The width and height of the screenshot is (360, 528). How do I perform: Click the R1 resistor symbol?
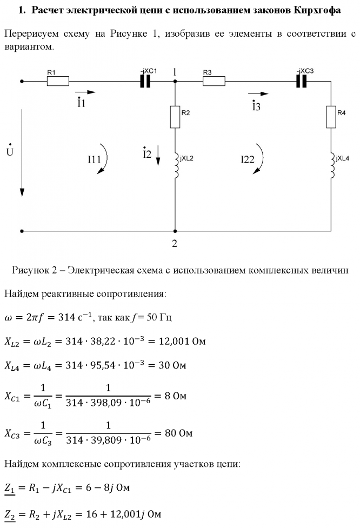(58, 81)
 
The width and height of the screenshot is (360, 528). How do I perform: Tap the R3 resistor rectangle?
(214, 81)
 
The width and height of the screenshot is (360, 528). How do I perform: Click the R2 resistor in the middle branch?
(175, 117)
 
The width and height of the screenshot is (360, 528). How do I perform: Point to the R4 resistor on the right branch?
(331, 117)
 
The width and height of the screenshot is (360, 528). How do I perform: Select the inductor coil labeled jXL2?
(176, 163)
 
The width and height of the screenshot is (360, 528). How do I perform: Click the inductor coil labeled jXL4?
(331, 163)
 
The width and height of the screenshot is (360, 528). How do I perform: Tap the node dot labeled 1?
(175, 81)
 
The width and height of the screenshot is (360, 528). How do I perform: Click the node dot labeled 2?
(175, 231)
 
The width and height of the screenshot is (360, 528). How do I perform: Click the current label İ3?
(256, 105)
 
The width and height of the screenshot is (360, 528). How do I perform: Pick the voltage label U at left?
(9, 151)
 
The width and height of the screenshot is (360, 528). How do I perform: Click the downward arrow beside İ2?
(158, 155)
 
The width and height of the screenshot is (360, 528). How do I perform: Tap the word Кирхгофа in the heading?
(317, 10)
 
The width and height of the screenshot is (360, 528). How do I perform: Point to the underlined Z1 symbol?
(10, 488)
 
